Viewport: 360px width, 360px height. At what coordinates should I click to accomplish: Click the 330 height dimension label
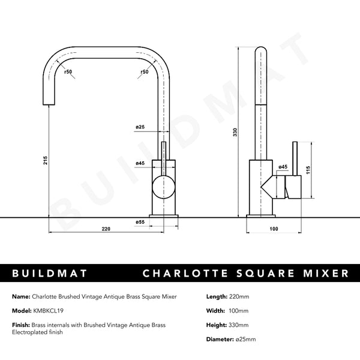point(235,132)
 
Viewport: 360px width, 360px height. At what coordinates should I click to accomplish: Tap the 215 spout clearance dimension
point(46,160)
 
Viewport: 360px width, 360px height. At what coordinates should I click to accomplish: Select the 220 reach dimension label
point(106,229)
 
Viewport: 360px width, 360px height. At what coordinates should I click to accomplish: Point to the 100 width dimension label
point(274,229)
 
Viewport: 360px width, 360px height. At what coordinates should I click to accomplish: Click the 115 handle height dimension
point(308,170)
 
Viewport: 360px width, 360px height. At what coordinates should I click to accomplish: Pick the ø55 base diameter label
point(140,222)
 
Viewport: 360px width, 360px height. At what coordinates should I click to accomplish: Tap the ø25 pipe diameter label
point(140,127)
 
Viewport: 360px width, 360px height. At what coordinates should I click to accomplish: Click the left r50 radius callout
point(68,71)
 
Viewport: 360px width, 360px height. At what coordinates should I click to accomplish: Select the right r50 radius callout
point(145,71)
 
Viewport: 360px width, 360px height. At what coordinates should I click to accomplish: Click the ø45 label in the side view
point(283,167)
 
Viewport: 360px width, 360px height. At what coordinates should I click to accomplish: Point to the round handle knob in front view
point(164,187)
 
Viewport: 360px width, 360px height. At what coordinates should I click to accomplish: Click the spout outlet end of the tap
point(49,104)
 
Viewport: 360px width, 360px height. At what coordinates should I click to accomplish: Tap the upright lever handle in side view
point(295,159)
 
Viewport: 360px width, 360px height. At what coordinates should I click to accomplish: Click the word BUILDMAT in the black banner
point(49,273)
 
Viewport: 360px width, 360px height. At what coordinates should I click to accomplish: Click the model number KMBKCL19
point(48,311)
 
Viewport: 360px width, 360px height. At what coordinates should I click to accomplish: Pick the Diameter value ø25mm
point(245,339)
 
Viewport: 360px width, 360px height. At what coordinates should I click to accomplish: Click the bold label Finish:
point(21,325)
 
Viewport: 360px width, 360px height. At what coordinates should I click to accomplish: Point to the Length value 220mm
point(239,296)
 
